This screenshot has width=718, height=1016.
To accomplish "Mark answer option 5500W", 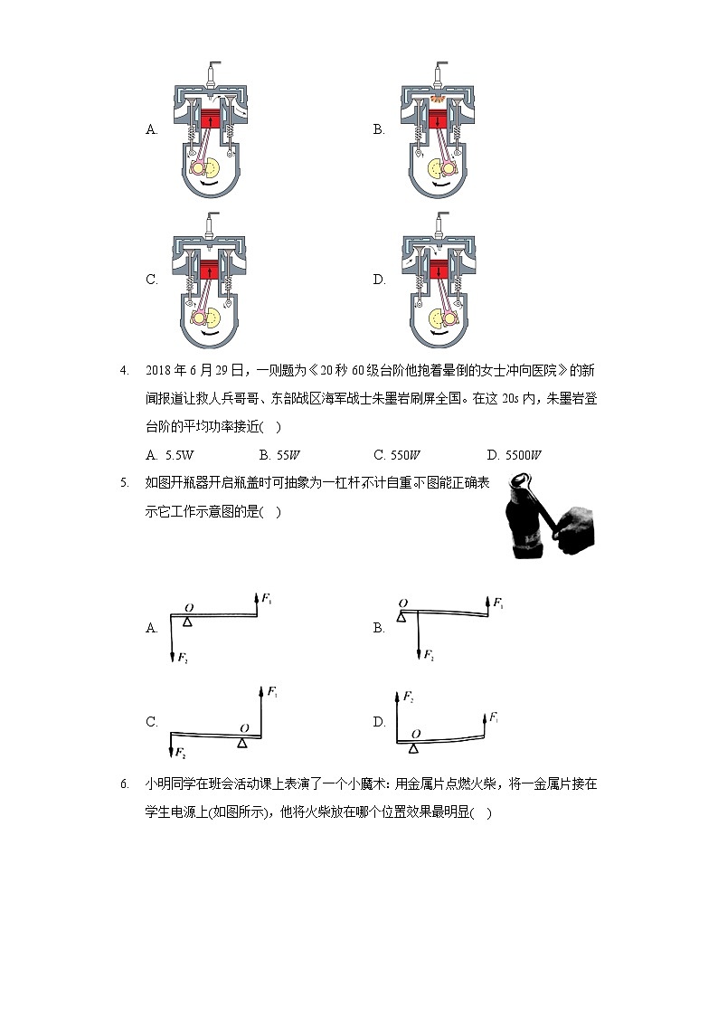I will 513,455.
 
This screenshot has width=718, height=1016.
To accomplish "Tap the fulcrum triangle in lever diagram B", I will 400,615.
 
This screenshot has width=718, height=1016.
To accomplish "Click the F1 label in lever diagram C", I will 272,692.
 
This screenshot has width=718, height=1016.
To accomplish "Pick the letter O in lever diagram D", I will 415,733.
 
